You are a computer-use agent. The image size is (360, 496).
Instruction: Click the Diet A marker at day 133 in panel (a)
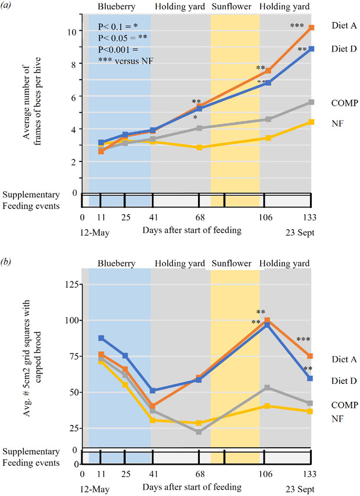click(312, 27)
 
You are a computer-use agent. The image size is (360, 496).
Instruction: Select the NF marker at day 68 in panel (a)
click(199, 148)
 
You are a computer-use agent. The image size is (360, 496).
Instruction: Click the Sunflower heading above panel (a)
click(235, 7)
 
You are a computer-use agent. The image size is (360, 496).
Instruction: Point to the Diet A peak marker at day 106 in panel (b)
click(267, 320)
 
